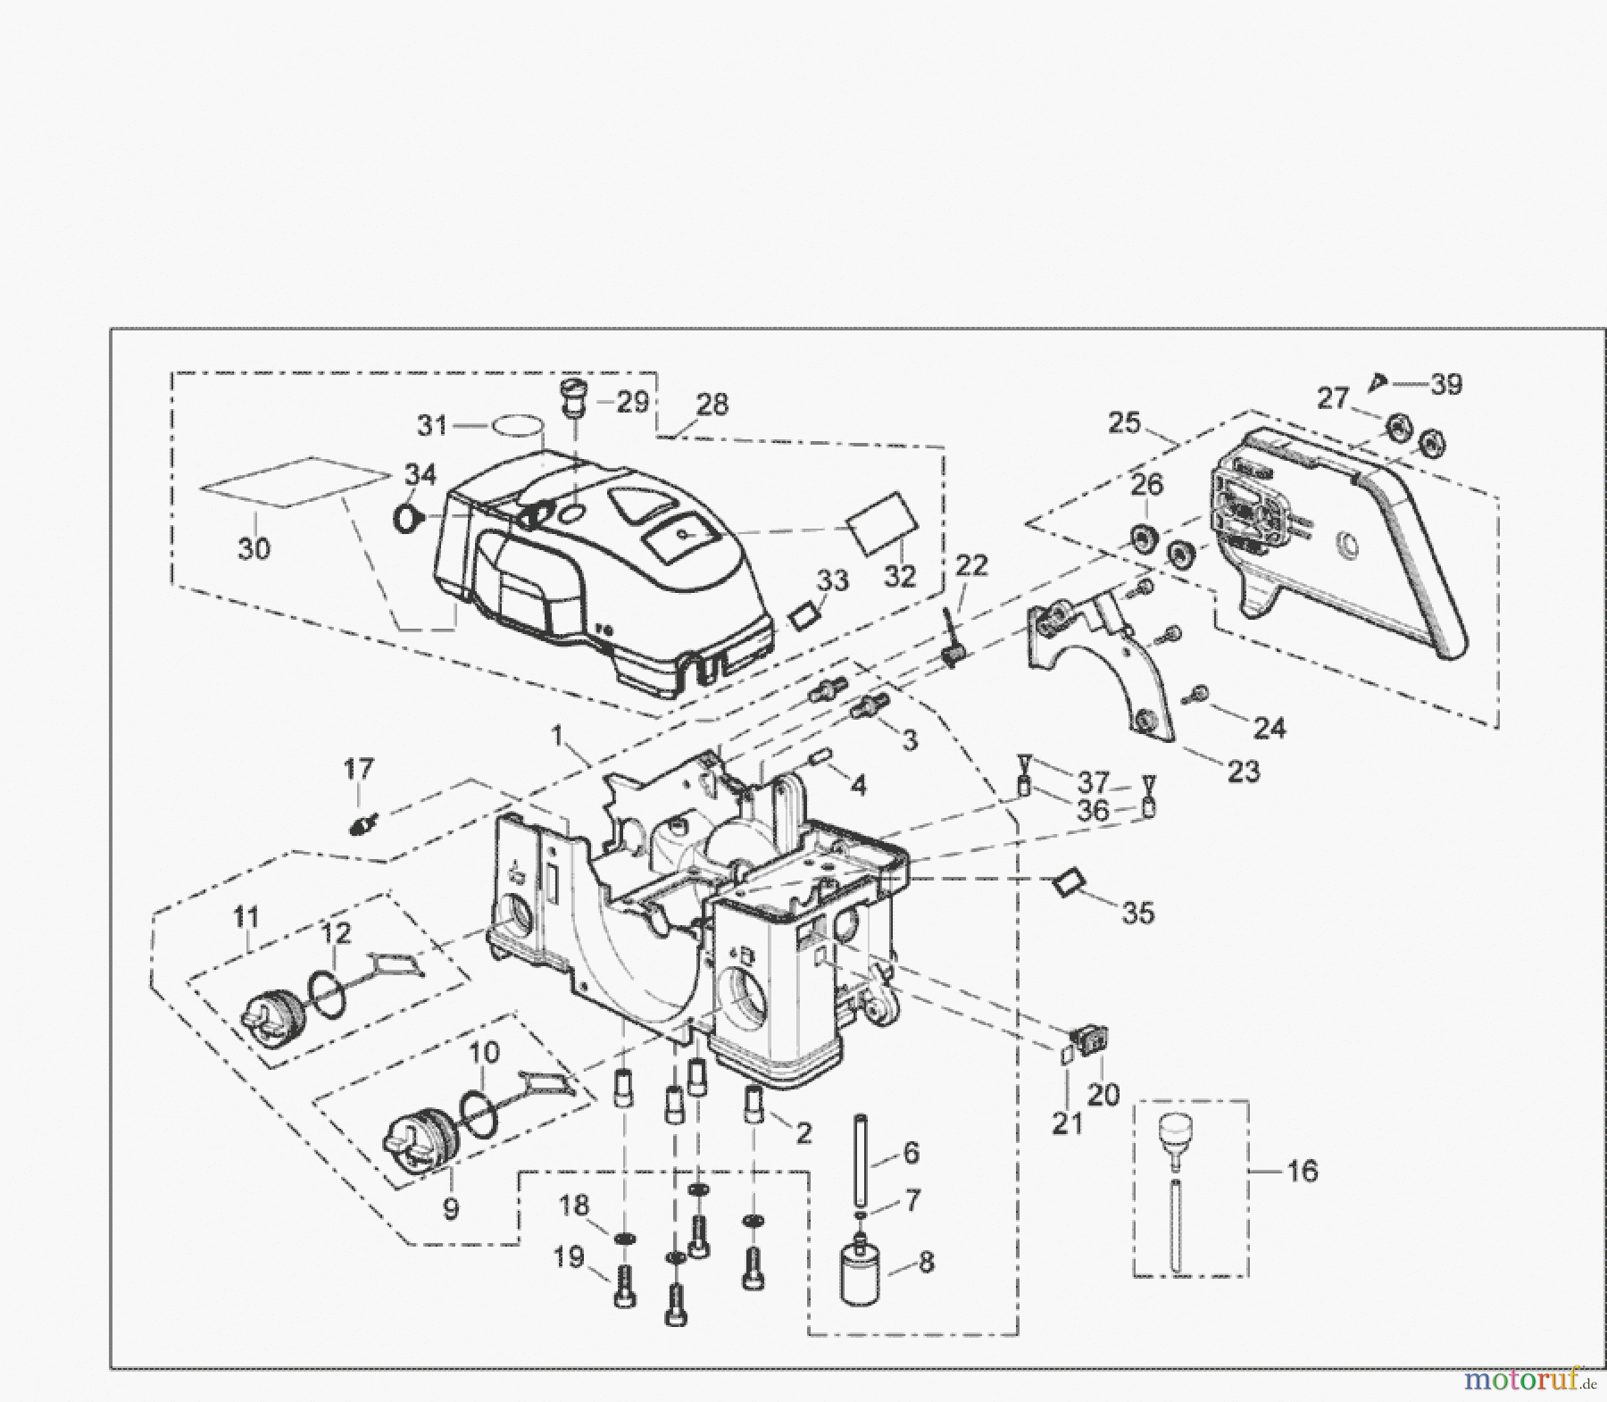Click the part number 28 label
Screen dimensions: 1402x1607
click(712, 405)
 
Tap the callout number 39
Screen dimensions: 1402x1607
click(1446, 385)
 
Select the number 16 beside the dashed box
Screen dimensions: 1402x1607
click(1303, 1171)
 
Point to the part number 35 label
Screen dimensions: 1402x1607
click(1138, 914)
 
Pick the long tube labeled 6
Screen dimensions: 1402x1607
click(862, 1157)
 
